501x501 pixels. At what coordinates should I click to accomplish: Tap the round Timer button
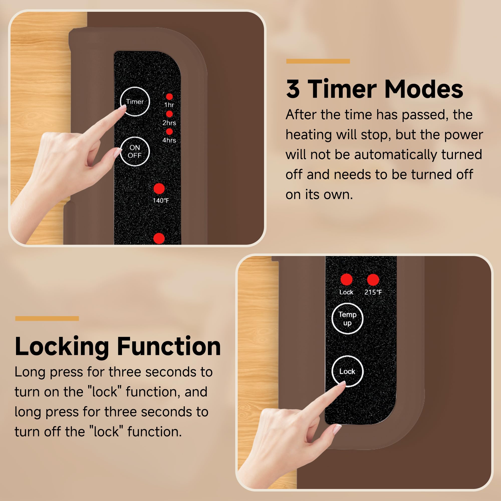[x=135, y=101]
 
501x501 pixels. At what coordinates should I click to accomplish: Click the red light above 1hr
[x=169, y=97]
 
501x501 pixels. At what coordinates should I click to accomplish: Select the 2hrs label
[x=169, y=123]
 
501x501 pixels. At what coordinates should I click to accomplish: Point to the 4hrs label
[x=169, y=140]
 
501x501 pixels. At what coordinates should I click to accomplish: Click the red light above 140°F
[x=159, y=189]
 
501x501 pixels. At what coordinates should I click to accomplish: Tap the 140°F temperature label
[x=161, y=200]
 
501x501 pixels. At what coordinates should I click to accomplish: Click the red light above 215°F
[x=373, y=280]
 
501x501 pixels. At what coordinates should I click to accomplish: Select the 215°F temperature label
[x=373, y=292]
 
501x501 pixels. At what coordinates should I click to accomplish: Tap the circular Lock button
[x=347, y=371]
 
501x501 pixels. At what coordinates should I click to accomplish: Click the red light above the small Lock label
[x=346, y=280]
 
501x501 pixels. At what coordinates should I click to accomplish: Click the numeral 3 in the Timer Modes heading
[x=293, y=89]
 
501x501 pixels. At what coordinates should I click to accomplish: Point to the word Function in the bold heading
[x=169, y=346]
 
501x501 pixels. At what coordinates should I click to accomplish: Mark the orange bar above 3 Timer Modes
[x=318, y=61]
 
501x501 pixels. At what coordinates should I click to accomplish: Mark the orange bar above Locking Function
[x=47, y=318]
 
